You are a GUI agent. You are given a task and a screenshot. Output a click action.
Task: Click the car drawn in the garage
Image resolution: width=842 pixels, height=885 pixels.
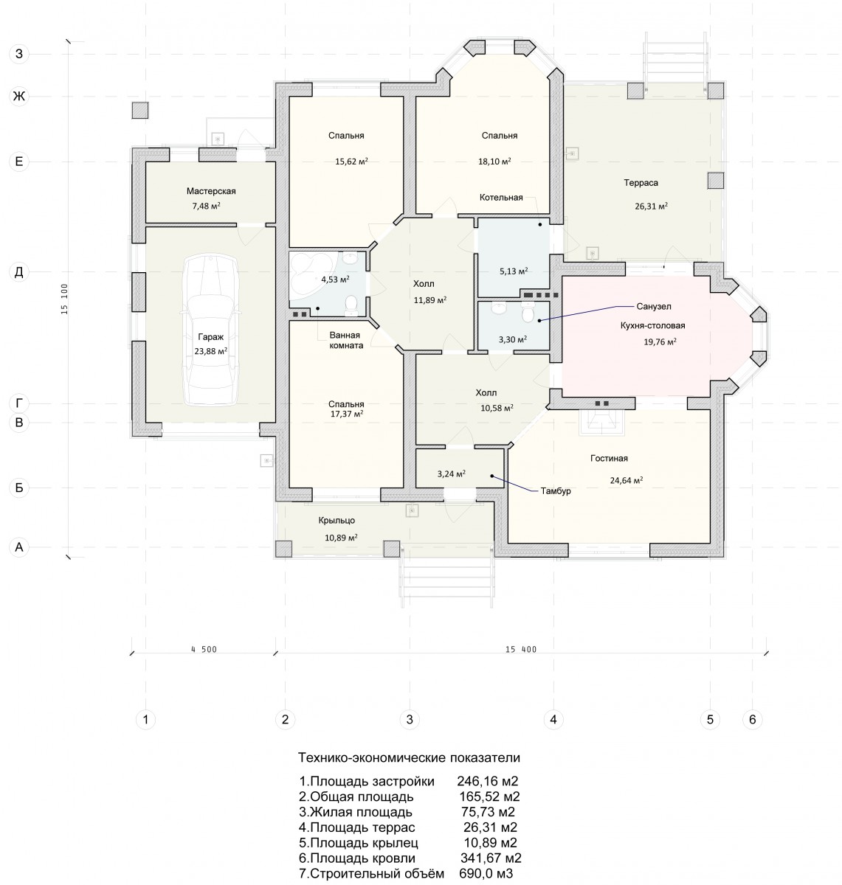[210, 330]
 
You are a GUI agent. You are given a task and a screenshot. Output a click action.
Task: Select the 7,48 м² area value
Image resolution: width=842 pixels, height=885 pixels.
[206, 206]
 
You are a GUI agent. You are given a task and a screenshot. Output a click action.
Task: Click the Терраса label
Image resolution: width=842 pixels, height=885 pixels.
[641, 183]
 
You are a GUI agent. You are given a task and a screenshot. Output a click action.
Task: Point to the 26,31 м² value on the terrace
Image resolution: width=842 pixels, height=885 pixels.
[651, 206]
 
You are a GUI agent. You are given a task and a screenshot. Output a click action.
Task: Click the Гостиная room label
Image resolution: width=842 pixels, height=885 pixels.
[609, 458]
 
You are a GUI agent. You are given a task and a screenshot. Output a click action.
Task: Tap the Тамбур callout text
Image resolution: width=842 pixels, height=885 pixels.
[556, 491]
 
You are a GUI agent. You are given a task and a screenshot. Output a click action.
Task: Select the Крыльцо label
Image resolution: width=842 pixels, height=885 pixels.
[337, 521]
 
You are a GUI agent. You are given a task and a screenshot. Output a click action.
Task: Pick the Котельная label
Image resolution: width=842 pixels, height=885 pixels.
[501, 197]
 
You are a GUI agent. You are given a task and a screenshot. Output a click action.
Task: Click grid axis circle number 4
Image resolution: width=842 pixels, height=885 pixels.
[553, 719]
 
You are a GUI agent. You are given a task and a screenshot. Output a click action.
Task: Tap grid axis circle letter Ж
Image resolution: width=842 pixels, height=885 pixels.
[19, 97]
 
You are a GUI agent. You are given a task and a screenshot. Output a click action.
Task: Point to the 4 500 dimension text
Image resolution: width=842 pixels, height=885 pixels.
[204, 650]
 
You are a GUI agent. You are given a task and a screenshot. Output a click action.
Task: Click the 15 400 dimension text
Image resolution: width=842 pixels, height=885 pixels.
[521, 650]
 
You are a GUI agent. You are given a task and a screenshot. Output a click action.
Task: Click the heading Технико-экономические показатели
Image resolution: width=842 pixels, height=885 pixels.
[409, 757]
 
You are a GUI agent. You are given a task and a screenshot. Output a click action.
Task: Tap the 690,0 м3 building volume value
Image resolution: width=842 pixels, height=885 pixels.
[486, 874]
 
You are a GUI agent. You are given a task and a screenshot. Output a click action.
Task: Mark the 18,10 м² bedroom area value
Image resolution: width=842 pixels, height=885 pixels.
[494, 162]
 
